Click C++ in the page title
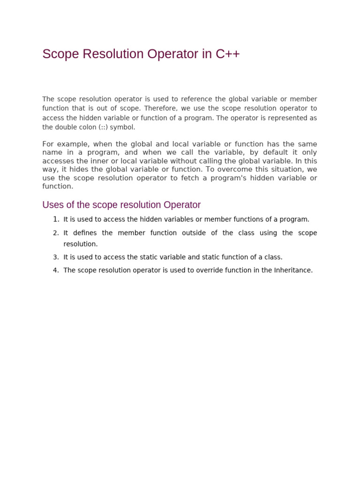click(x=228, y=54)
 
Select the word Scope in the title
click(x=61, y=54)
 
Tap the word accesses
click(x=58, y=161)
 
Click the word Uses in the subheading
click(x=52, y=205)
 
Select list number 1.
click(x=56, y=219)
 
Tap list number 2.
click(x=56, y=233)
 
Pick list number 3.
click(x=56, y=257)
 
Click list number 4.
click(x=56, y=270)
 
